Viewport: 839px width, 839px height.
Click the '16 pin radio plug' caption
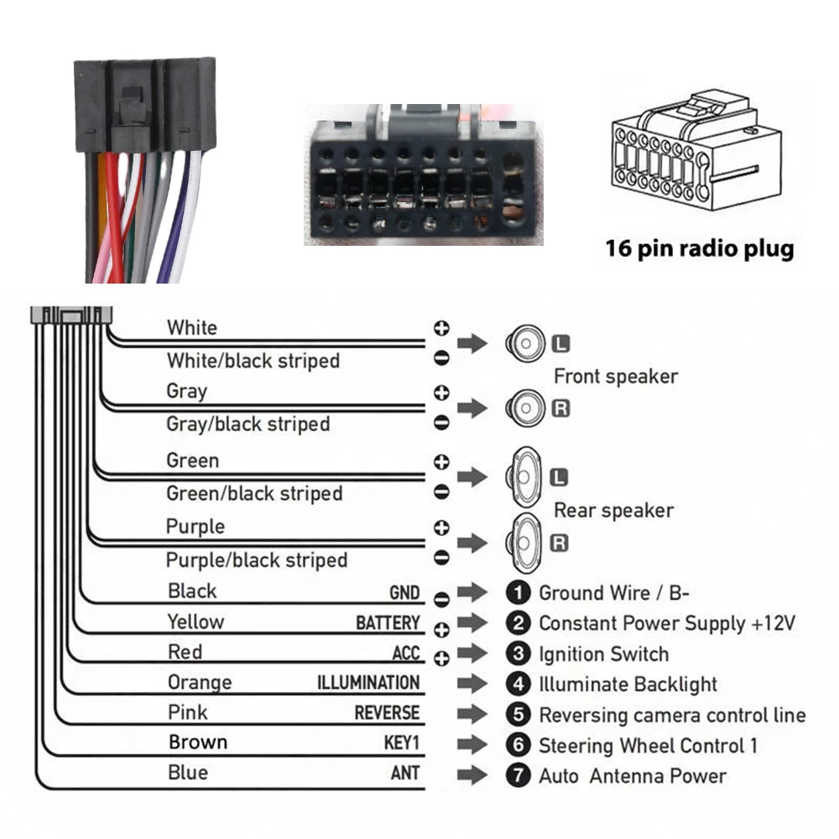699,249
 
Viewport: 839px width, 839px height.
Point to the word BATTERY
387,623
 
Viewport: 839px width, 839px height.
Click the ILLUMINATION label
367,683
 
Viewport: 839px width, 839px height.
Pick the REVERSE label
386,713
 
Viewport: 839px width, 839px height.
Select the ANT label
404,774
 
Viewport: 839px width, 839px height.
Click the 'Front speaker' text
615,377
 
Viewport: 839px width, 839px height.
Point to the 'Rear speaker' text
613,510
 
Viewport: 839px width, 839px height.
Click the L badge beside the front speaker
560,343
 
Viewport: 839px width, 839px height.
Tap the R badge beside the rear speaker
559,543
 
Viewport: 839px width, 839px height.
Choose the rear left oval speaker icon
524,476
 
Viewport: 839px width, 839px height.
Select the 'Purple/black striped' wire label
256,560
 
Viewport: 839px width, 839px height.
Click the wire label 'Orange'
199,682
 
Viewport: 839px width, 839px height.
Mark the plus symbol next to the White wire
441,327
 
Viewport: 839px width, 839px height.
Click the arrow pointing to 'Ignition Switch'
472,654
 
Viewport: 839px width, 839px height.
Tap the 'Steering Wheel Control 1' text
648,745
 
